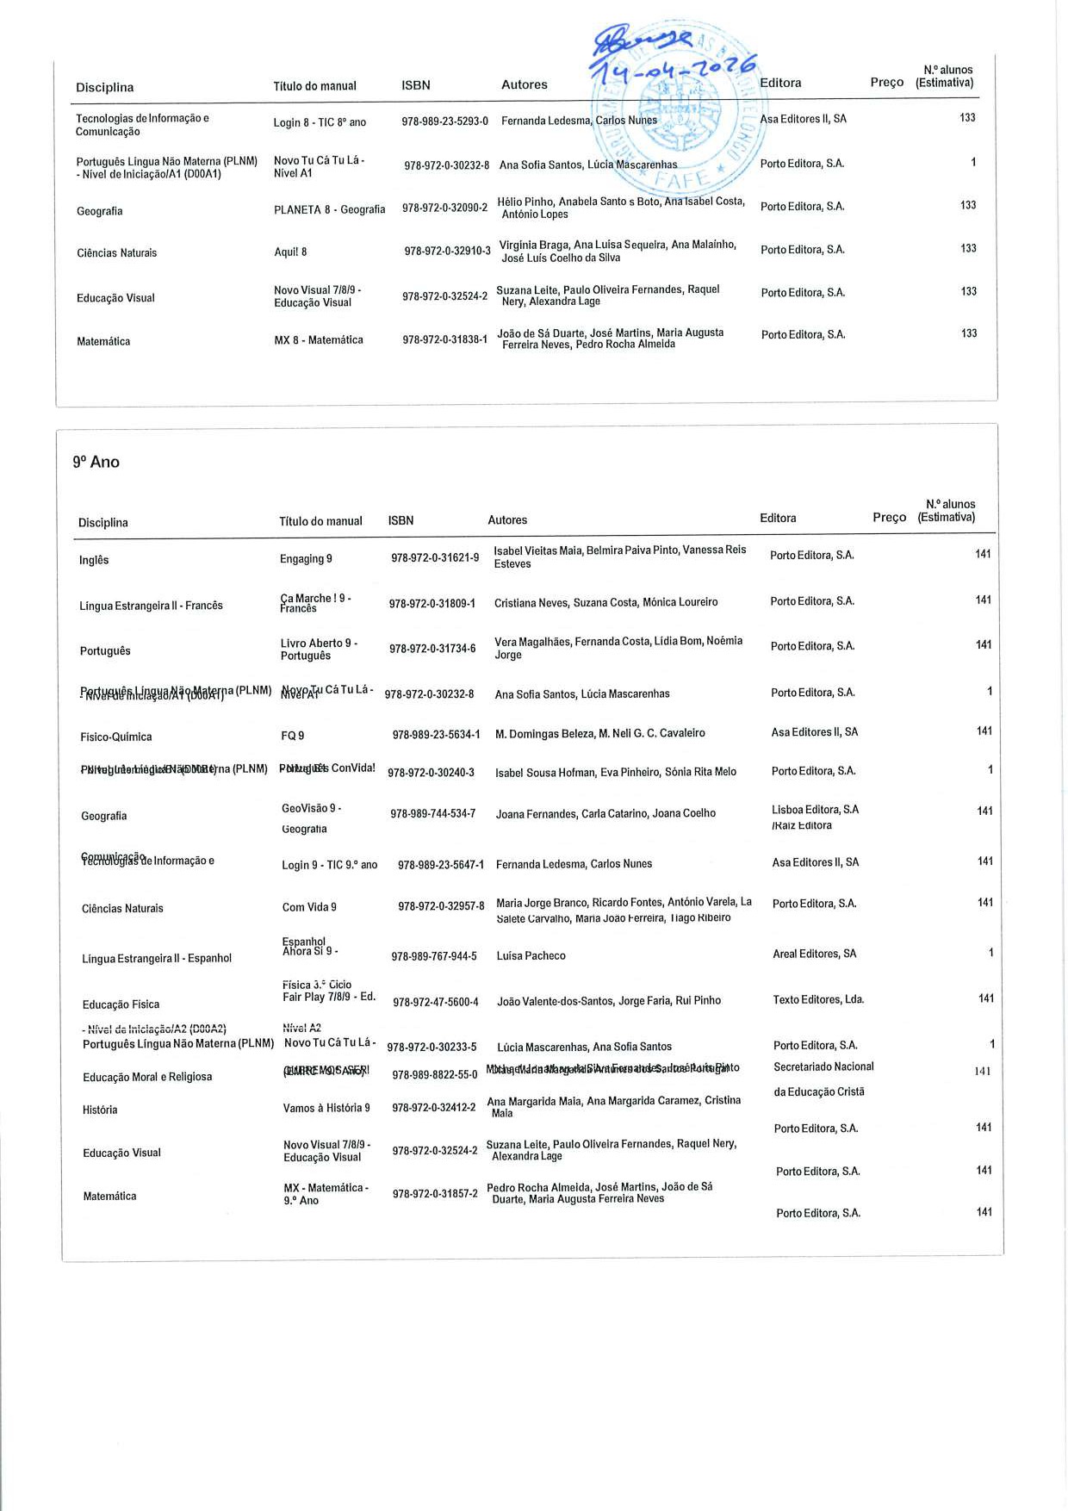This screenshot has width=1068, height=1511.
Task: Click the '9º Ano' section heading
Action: pos(96,463)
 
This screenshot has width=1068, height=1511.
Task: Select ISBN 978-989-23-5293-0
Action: pos(444,121)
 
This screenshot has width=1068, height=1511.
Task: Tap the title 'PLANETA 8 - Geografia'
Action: pos(329,209)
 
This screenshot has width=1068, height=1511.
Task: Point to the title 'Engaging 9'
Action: pos(306,559)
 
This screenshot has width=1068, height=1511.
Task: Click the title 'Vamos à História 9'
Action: pos(326,1108)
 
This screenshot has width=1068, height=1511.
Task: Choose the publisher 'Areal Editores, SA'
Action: pos(814,954)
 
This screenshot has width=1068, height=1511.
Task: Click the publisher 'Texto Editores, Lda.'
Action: pos(818,1000)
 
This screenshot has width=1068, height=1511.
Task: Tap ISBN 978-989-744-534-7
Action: pos(432,814)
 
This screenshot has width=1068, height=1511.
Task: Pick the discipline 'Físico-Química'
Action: pos(115,737)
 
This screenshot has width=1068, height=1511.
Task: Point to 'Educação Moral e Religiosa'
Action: pos(146,1078)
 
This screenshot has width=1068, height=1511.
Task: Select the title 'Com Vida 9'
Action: pos(309,908)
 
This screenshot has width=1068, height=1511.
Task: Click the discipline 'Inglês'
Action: pos(94,561)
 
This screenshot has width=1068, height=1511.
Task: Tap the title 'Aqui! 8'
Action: pos(290,252)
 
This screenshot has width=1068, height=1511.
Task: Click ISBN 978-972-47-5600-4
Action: pos(435,1002)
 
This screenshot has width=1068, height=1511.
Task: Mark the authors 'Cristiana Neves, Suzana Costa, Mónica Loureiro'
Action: pos(605,603)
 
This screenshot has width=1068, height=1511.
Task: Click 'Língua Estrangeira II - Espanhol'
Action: pos(156,959)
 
